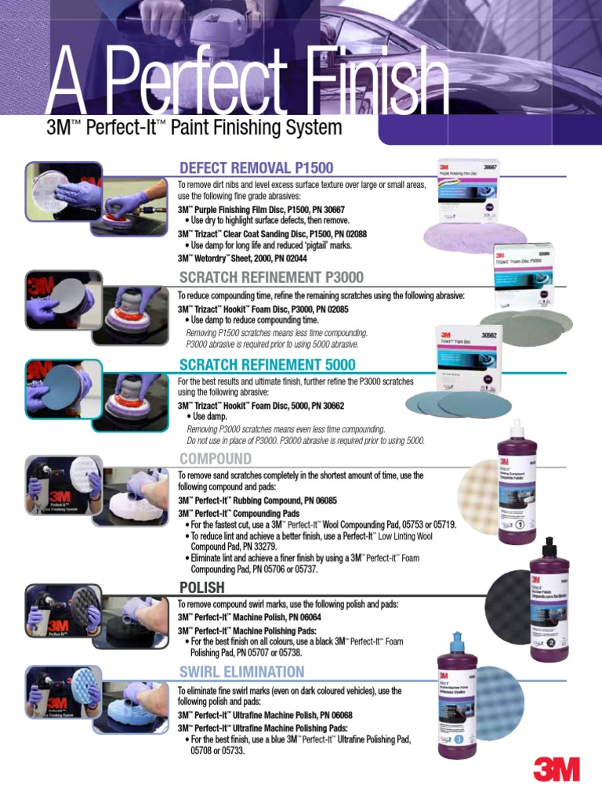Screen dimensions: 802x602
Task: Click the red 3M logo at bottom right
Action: [557, 769]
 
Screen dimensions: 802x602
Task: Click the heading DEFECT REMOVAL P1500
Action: [256, 168]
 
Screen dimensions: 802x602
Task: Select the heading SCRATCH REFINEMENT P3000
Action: [271, 277]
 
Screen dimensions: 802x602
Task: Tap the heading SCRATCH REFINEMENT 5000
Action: [267, 365]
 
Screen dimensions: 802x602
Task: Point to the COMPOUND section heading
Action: [216, 459]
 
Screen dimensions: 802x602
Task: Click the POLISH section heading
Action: [202, 587]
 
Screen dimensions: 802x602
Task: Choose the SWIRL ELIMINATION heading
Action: [241, 672]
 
